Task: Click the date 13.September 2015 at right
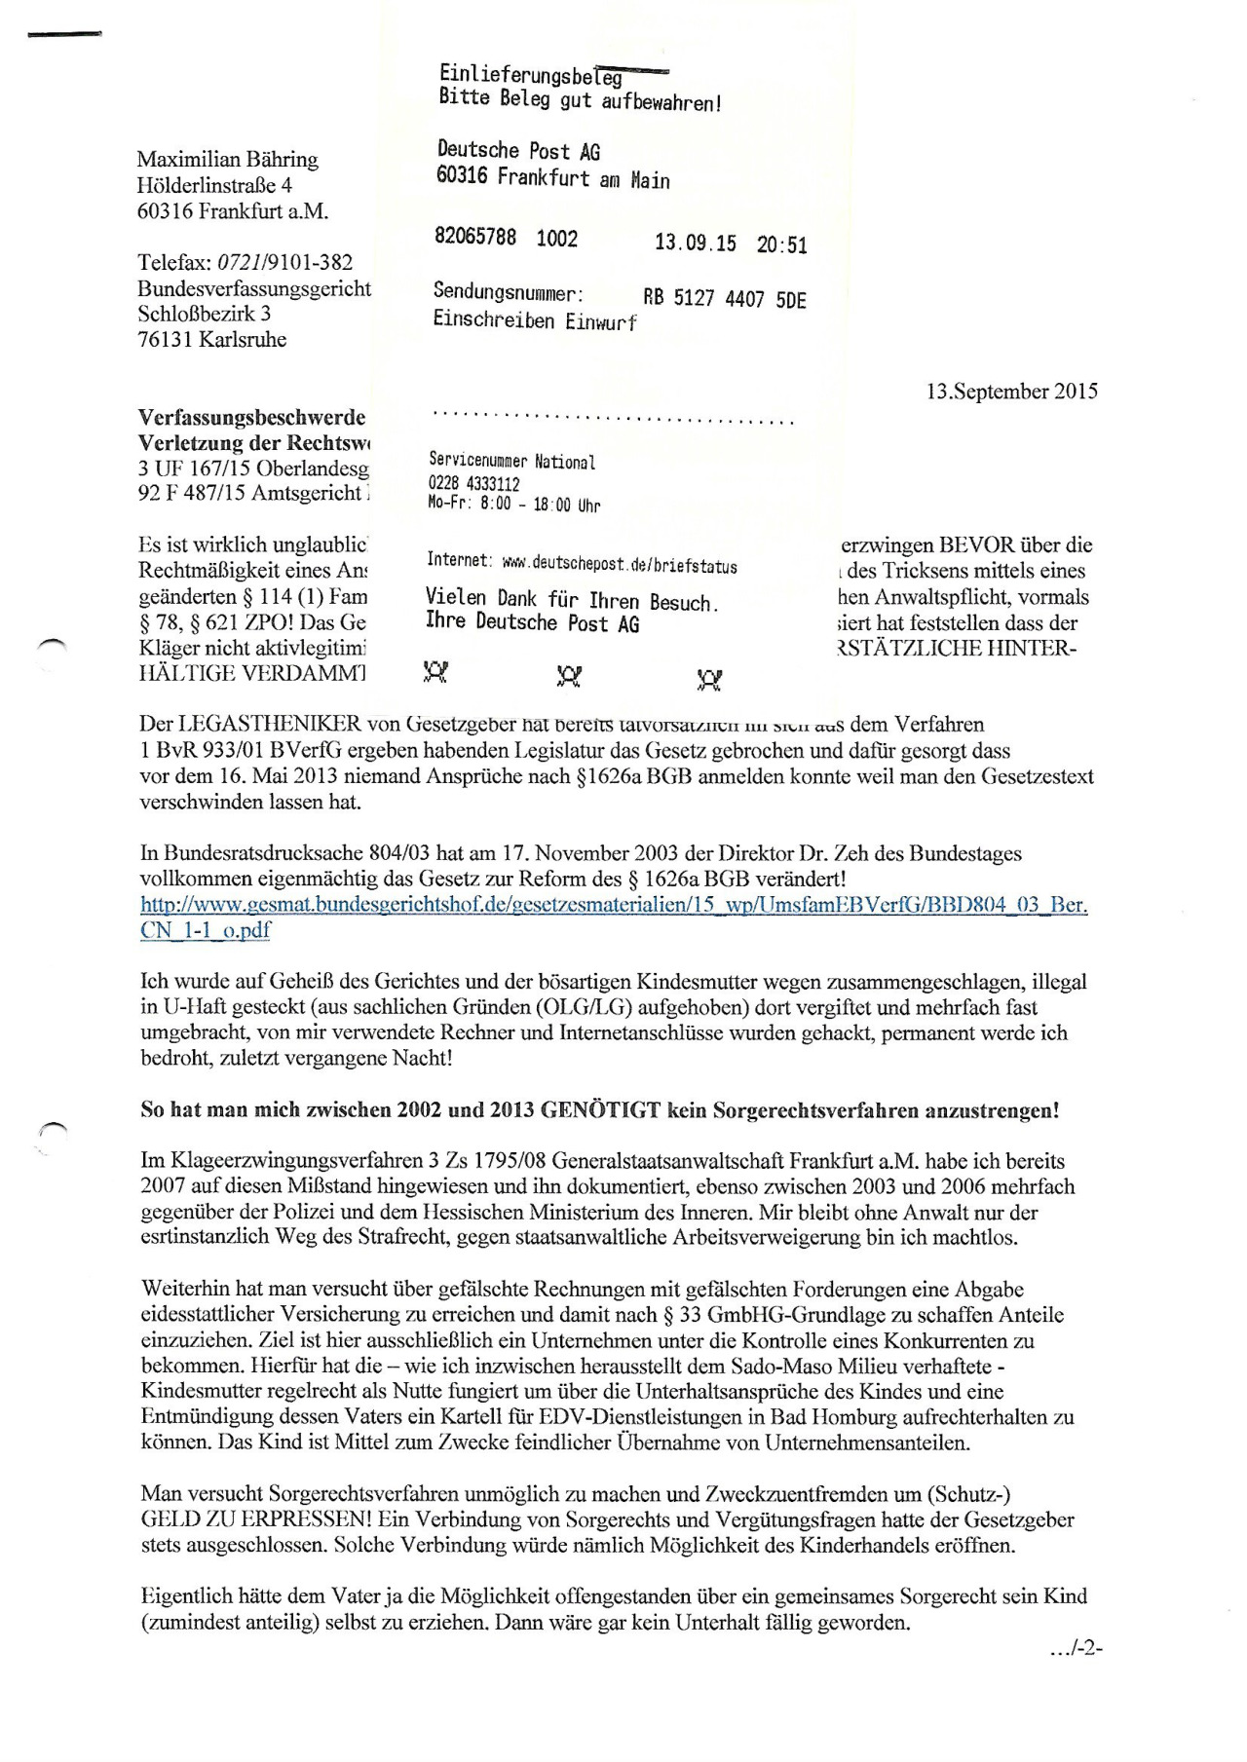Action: [x=1011, y=392]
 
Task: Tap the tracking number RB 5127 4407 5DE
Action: [x=724, y=299]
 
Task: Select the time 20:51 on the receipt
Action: [x=781, y=244]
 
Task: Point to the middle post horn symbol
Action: [x=569, y=675]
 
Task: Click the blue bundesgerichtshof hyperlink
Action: [x=614, y=917]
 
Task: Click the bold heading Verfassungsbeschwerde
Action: [x=251, y=417]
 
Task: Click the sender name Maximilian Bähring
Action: [x=227, y=159]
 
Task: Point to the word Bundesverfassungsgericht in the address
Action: [x=253, y=288]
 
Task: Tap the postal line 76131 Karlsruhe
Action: [x=211, y=339]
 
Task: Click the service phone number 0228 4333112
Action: [x=473, y=483]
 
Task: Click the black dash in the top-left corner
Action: [x=65, y=35]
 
